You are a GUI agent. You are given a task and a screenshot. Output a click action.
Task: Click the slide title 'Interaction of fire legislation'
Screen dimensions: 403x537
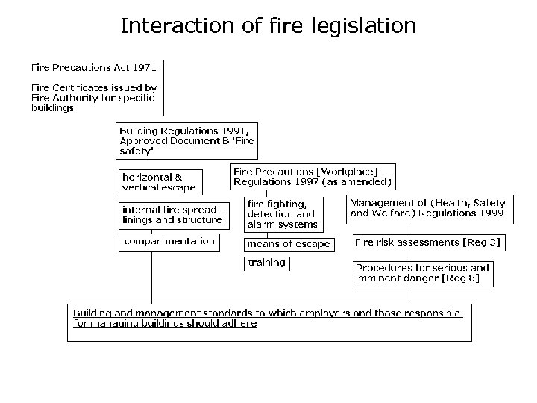(x=268, y=27)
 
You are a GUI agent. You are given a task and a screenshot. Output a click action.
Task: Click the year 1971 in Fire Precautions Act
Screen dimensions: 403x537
(x=141, y=66)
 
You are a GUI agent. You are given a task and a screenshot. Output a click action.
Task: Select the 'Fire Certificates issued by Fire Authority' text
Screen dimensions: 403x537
(x=93, y=97)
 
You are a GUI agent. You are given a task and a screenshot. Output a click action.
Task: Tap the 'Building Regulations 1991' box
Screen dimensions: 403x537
(x=186, y=140)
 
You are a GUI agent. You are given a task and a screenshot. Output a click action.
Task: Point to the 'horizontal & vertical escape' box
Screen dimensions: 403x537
(x=159, y=182)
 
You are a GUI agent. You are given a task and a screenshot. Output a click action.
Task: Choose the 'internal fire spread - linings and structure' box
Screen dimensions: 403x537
(x=172, y=215)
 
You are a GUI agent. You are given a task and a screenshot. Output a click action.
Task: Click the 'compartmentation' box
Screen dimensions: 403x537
(x=169, y=242)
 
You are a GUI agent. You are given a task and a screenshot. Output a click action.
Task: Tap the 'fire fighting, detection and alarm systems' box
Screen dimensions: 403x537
(x=283, y=213)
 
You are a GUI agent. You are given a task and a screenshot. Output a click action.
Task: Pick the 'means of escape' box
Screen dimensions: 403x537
(x=287, y=244)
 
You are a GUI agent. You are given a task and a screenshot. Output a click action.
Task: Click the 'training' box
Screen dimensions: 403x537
(x=266, y=263)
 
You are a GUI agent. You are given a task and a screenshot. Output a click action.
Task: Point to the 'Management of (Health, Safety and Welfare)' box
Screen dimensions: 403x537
(x=427, y=208)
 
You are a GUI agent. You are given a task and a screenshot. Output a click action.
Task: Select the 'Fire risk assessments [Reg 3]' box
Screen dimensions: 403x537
(x=428, y=243)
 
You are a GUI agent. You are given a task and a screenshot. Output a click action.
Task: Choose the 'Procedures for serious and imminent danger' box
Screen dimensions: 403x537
(x=422, y=273)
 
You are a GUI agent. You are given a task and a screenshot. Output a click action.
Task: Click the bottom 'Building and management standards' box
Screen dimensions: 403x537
(x=269, y=322)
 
